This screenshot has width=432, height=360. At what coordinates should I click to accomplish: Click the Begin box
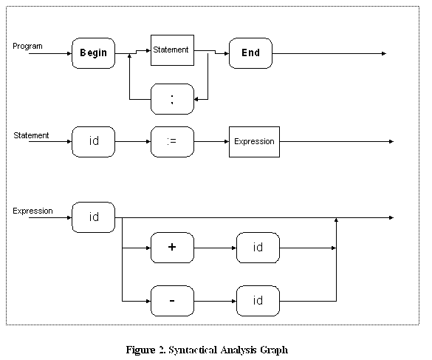point(93,53)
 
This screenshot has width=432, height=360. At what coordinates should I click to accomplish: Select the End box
point(250,53)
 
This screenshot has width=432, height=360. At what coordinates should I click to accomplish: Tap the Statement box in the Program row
point(172,50)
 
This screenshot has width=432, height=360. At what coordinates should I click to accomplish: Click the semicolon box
point(172,99)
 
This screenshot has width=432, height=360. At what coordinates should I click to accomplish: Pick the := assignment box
point(172,142)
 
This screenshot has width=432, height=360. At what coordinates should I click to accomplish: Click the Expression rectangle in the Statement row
point(254,142)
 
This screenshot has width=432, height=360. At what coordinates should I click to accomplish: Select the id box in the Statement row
point(93,142)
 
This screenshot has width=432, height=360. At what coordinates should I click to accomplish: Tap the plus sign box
point(172,248)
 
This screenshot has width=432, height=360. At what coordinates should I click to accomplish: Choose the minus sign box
point(172,301)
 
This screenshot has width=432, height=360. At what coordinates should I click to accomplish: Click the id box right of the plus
point(258,248)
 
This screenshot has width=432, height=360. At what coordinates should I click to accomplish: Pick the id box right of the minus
point(258,301)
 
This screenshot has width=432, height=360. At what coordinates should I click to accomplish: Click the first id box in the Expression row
point(93,217)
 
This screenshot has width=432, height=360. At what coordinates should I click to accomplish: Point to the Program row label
point(27,46)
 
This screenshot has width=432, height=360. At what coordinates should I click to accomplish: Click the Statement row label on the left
point(31,135)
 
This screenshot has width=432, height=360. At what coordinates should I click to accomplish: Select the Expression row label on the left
point(32,211)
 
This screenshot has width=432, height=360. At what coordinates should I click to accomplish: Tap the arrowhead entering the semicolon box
point(196,99)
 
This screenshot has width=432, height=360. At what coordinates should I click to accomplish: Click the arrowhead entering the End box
point(227,53)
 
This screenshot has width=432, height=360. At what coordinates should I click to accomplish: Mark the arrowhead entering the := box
point(148,142)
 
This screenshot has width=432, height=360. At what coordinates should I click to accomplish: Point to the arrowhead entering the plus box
point(148,248)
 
